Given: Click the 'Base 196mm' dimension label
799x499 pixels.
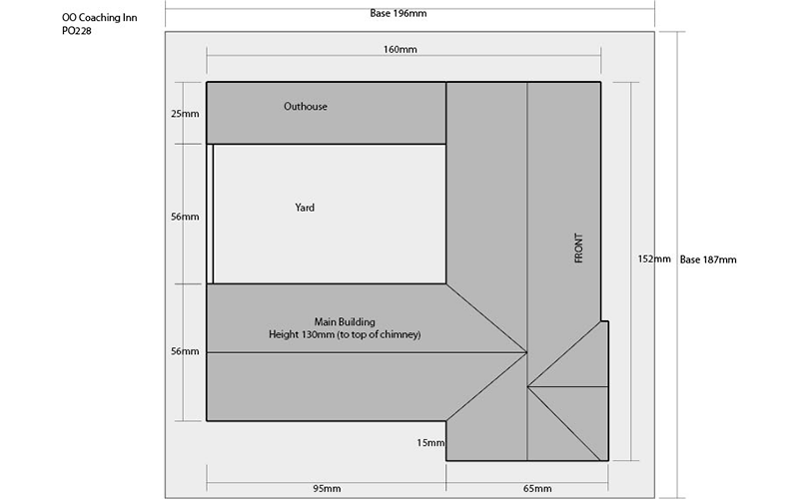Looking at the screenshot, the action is tap(398, 13).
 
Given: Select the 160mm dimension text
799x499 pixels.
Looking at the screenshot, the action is tap(400, 49).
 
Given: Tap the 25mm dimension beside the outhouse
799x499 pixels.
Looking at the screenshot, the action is tap(185, 114).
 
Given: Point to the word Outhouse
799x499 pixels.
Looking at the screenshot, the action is tap(306, 107).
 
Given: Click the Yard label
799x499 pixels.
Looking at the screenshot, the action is tap(305, 208).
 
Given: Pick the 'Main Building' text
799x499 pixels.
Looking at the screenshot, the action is tap(345, 321).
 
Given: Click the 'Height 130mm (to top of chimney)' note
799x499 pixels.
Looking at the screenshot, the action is tap(345, 334).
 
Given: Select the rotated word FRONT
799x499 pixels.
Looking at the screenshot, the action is tap(578, 248).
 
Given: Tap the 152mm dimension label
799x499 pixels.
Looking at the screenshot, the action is tap(654, 259).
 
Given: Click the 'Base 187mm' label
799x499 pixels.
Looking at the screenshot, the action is tap(708, 259).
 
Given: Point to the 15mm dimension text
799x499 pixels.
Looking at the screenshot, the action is tap(430, 443).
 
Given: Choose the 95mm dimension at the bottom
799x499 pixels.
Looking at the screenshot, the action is tap(327, 489).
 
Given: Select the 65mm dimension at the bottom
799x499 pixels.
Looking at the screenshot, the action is tap(537, 489).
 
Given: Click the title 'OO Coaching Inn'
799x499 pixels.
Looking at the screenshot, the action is tap(99, 18).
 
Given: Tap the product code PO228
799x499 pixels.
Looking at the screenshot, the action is tap(77, 31).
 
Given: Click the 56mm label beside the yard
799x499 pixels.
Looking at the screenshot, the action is tap(185, 217).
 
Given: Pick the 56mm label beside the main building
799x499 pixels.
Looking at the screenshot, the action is tap(185, 351).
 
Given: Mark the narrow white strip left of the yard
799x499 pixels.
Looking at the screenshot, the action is tap(210, 214).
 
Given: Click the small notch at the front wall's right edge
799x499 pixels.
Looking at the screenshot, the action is tap(605, 321).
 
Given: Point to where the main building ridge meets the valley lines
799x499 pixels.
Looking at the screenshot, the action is tap(527, 352).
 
